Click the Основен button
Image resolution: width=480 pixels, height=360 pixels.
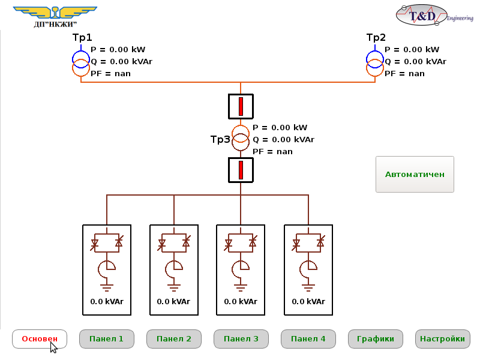click(x=40, y=339)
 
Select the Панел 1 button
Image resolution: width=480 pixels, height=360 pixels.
click(x=106, y=339)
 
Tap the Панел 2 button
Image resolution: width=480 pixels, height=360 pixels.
click(x=173, y=339)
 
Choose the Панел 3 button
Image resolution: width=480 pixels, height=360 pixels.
click(x=241, y=339)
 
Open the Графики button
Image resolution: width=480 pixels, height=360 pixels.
click(x=375, y=339)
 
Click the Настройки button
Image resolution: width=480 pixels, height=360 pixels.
click(x=442, y=339)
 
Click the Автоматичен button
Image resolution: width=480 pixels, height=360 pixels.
click(x=415, y=175)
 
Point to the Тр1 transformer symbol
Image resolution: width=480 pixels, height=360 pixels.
click(x=81, y=63)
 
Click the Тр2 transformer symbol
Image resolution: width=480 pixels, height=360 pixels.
click(x=375, y=63)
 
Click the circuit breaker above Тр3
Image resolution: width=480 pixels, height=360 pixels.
click(x=241, y=106)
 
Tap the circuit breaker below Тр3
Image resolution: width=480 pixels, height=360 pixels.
click(x=241, y=170)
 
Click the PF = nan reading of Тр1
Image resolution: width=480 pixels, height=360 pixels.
click(x=110, y=74)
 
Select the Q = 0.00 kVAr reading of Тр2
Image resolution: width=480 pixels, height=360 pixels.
click(x=415, y=61)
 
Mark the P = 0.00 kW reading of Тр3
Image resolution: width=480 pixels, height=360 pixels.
click(x=280, y=128)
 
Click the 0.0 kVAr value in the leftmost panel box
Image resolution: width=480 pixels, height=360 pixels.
click(x=106, y=302)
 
